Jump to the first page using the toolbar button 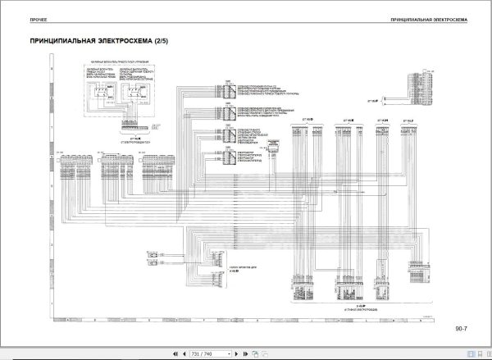pos(173,353)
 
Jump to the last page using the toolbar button pos(243,353)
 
